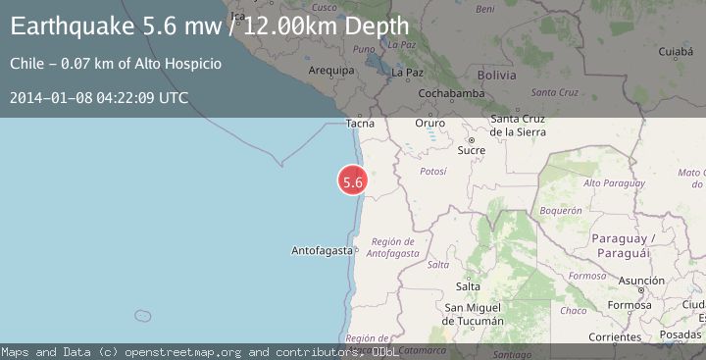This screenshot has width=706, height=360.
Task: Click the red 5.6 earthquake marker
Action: point(353,180)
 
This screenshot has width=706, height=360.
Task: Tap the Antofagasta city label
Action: point(322,251)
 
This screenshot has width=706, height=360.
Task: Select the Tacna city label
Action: point(361,124)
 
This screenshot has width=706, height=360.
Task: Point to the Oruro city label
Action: point(429,124)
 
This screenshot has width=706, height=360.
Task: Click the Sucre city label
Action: point(472,150)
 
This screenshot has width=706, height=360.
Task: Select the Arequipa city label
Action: point(330,71)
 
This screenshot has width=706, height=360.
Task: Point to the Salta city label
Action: point(469,285)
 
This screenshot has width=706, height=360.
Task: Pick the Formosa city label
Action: point(630,305)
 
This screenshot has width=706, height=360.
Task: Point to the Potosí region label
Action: point(432,171)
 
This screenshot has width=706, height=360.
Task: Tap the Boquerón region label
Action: point(561,210)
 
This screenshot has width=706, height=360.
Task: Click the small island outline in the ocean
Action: point(143,316)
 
